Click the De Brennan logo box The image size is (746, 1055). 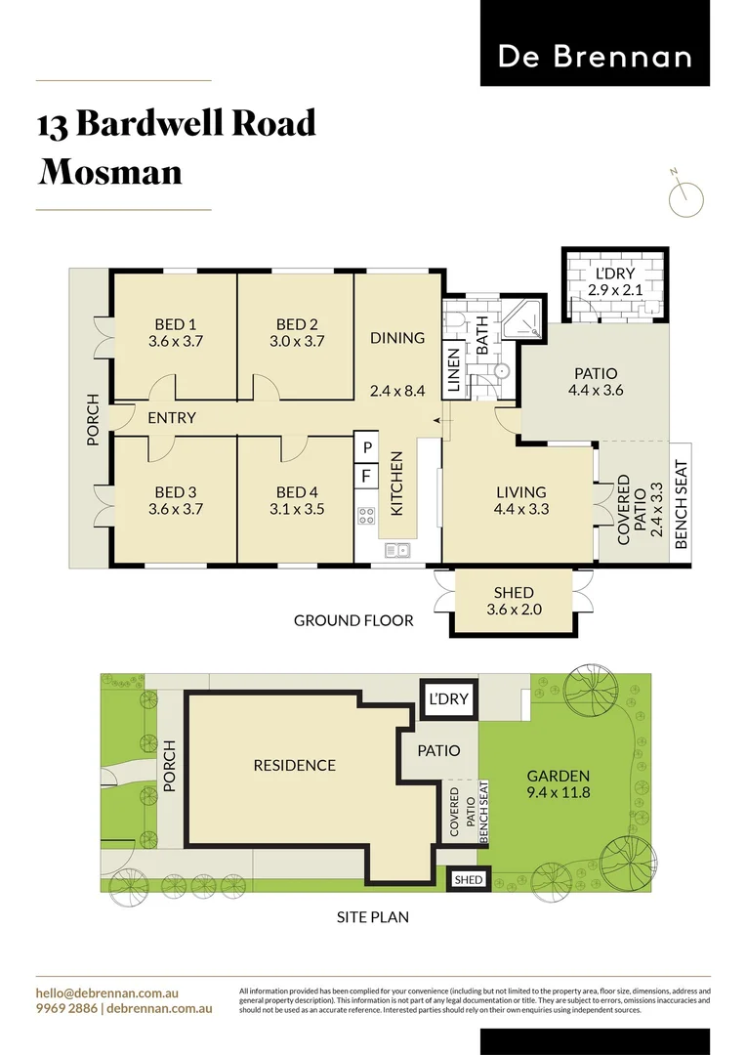click(595, 44)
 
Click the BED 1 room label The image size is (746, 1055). click(175, 324)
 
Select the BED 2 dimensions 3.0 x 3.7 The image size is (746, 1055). click(298, 342)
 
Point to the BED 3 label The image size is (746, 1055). click(175, 491)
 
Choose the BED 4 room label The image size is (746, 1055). click(298, 491)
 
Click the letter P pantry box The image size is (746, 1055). click(367, 447)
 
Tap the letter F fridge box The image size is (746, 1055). click(367, 477)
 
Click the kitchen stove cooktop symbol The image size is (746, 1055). click(367, 516)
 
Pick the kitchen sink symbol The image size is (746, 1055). click(398, 551)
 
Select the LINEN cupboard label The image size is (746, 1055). click(453, 370)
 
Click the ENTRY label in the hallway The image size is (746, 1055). click(172, 418)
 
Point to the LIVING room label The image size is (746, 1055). click(520, 491)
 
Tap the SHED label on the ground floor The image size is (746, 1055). click(514, 592)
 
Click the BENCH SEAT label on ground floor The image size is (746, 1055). click(682, 504)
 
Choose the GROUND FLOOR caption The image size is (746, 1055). click(353, 620)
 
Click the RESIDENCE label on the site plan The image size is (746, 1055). click(294, 766)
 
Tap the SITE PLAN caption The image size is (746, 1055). click(373, 917)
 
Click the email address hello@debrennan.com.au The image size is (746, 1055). click(106, 992)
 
